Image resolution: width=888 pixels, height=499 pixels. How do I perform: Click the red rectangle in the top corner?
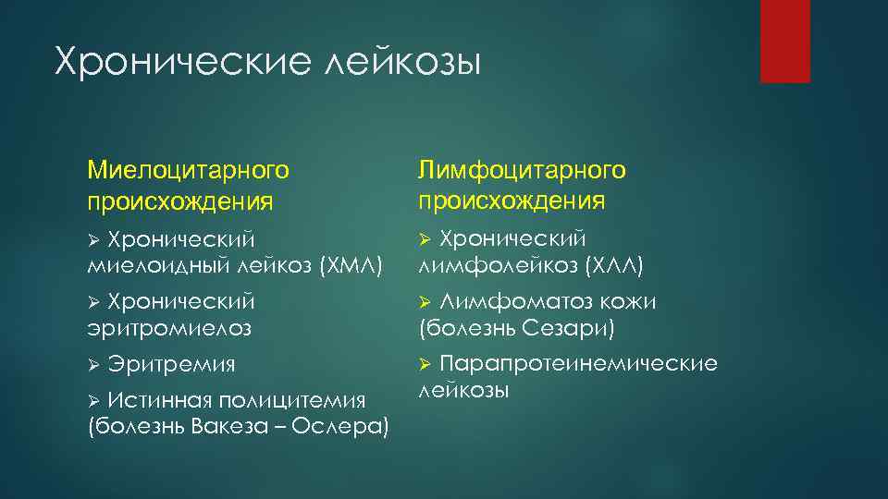(x=784, y=42)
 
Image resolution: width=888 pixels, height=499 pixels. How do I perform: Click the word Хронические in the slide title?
(x=181, y=63)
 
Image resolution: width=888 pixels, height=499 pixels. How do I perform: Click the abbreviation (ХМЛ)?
(x=350, y=266)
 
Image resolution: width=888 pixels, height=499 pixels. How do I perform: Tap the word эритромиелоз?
(x=169, y=328)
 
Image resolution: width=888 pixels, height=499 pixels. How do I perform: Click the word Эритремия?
(x=171, y=364)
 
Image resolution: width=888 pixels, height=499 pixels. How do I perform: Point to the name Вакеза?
(x=233, y=426)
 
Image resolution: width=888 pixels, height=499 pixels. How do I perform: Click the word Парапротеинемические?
(x=578, y=363)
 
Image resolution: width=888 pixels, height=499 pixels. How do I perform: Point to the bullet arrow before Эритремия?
(x=92, y=364)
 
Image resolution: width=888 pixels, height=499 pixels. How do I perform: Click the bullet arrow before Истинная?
(x=92, y=400)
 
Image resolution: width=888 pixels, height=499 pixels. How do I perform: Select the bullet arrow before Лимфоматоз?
(x=425, y=302)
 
